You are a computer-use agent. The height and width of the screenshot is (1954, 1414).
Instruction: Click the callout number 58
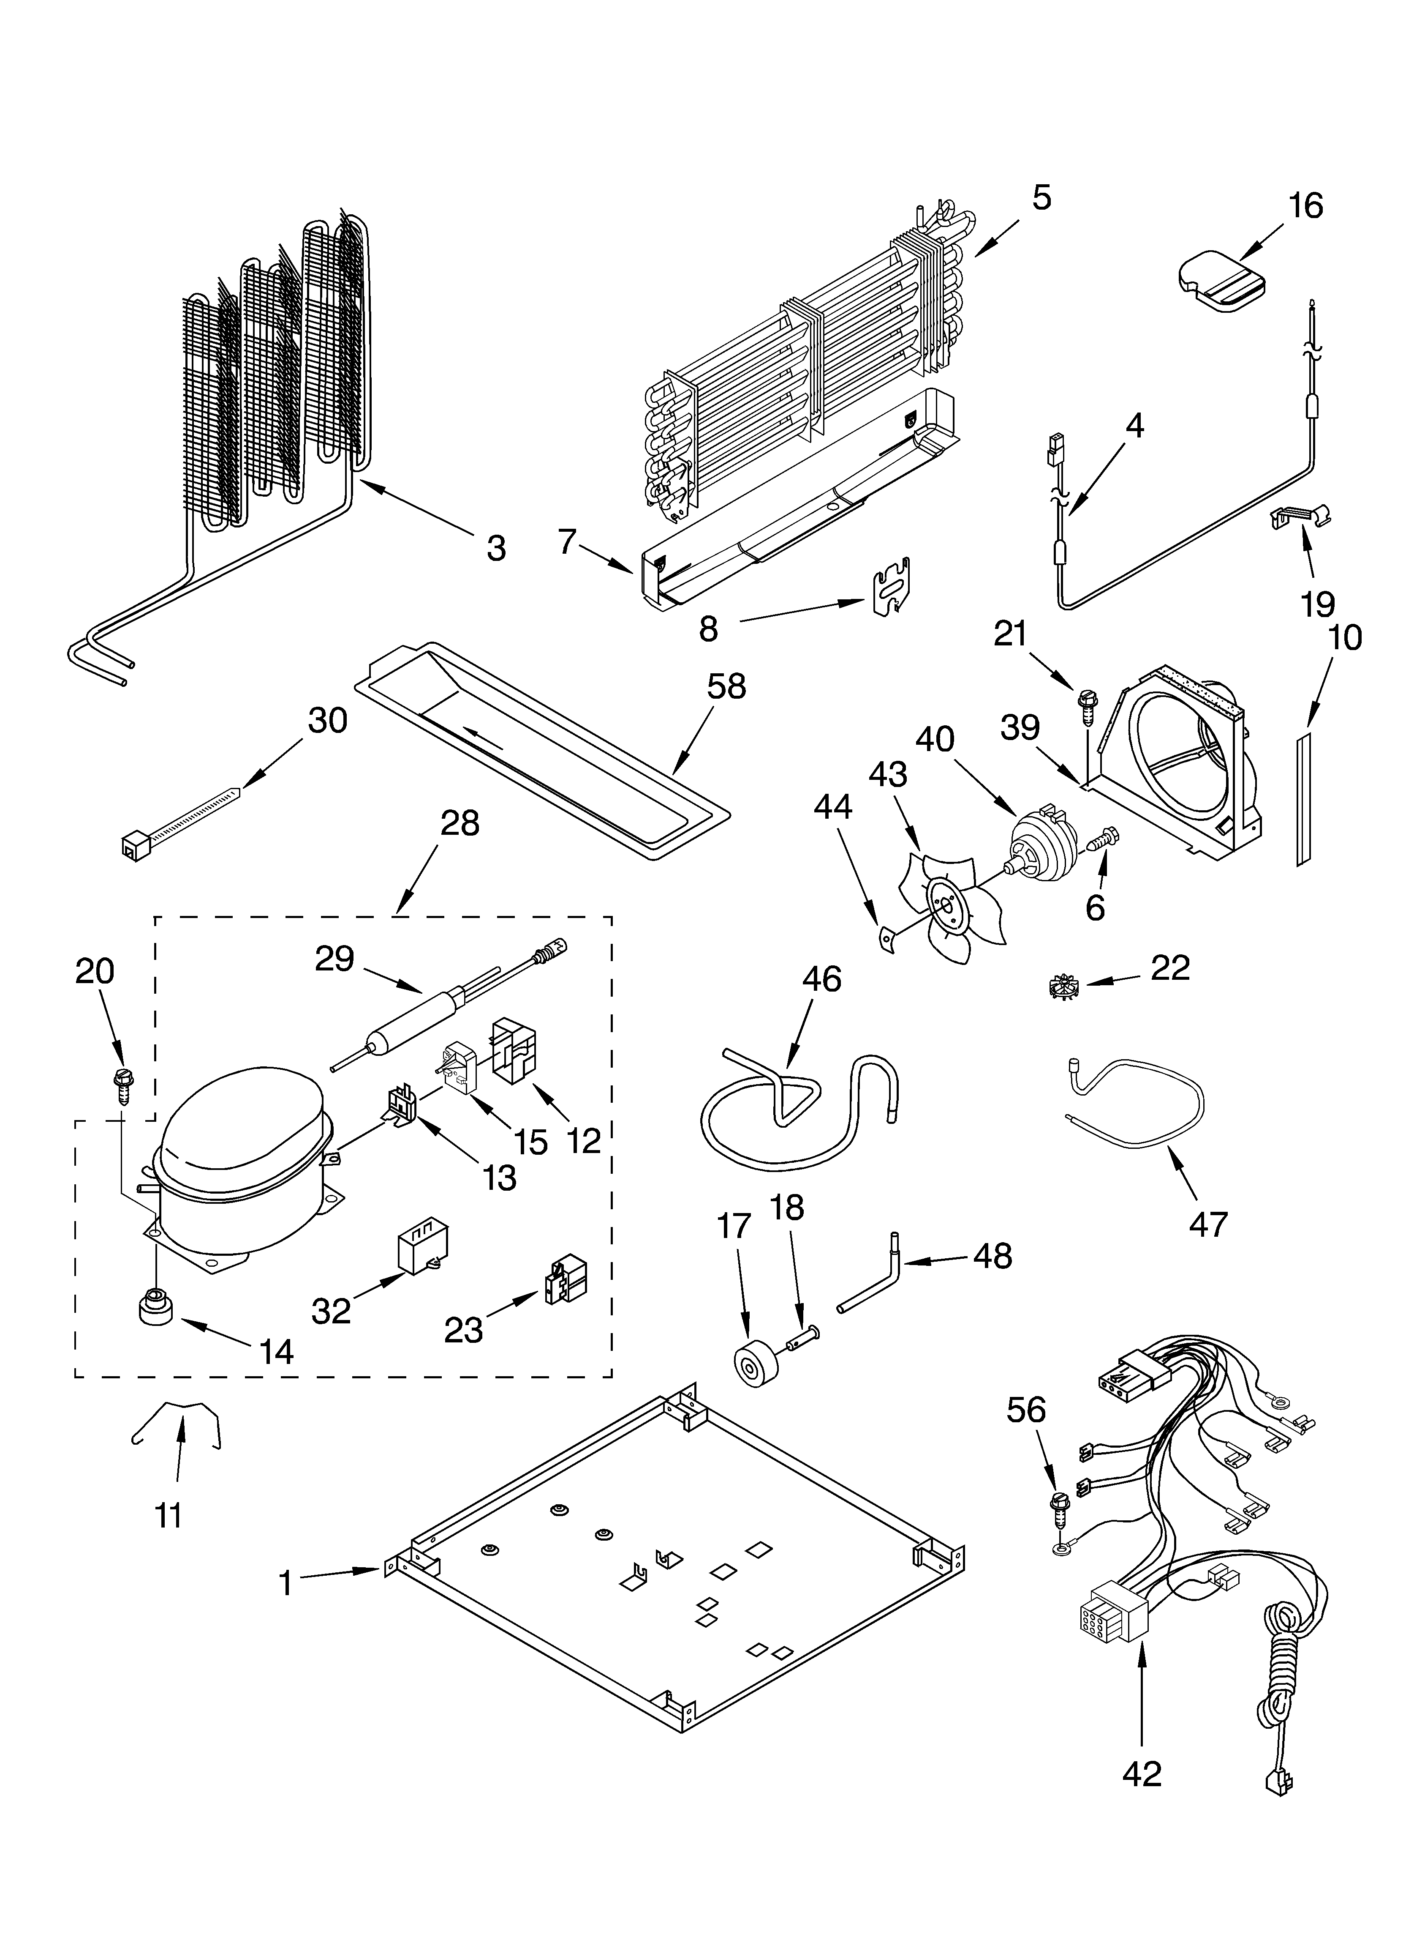point(726,687)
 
